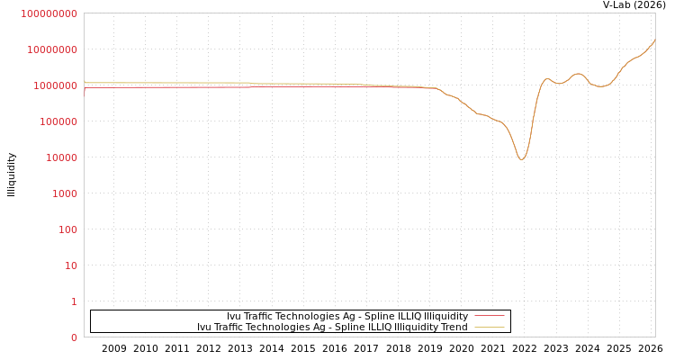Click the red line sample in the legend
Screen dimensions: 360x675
point(489,316)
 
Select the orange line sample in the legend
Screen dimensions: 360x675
point(489,327)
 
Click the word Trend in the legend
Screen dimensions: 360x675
point(453,327)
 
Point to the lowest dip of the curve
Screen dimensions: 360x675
point(521,159)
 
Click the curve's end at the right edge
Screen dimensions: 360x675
point(654,40)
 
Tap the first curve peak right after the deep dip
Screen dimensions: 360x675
point(546,79)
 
